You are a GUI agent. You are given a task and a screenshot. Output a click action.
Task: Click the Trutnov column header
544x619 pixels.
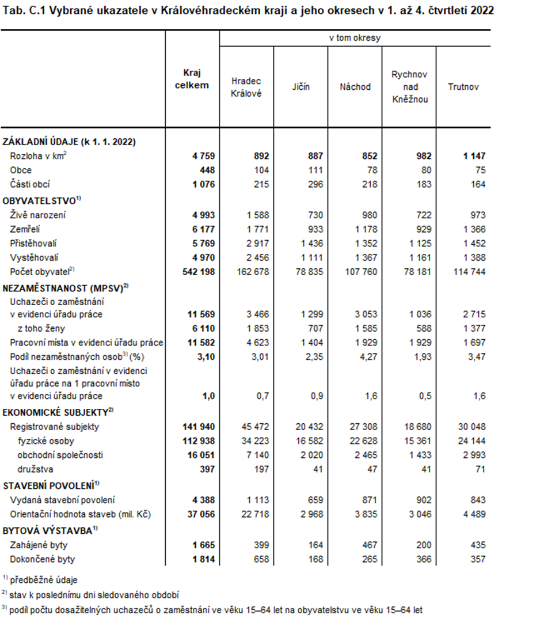click(463, 87)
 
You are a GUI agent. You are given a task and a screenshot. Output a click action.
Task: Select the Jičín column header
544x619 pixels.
click(300, 87)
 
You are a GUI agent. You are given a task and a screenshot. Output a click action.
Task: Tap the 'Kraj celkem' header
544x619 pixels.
click(192, 79)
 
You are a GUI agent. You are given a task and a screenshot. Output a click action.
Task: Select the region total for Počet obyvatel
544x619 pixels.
click(196, 271)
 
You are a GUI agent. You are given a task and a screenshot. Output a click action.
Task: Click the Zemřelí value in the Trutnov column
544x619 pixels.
click(473, 229)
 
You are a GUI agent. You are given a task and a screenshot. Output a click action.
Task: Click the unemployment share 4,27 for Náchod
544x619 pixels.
click(368, 356)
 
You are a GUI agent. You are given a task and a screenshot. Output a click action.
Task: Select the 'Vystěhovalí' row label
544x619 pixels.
click(34, 257)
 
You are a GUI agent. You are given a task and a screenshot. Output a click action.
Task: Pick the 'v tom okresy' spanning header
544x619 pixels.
click(355, 38)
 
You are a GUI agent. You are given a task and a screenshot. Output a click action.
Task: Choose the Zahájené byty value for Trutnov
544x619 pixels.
click(476, 545)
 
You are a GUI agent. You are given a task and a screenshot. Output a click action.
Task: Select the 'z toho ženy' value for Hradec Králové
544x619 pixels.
click(257, 328)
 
